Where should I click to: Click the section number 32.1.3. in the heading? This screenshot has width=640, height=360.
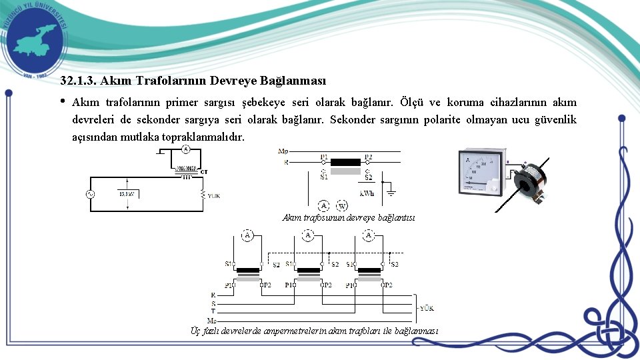(79, 81)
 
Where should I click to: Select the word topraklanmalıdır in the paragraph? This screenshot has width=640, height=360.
(208, 137)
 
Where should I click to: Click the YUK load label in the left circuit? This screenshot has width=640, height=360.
(213, 196)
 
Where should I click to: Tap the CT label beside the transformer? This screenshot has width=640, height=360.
(205, 171)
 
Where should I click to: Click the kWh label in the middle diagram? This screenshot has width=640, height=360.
(367, 194)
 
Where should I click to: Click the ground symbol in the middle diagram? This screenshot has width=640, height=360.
(391, 193)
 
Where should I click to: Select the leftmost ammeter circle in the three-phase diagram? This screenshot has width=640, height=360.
(247, 235)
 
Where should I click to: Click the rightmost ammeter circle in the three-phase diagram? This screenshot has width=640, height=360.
(369, 235)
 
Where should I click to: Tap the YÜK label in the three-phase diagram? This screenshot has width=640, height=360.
(427, 308)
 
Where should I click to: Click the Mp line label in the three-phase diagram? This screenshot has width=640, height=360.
(214, 319)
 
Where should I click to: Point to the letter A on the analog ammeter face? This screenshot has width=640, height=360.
(468, 160)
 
